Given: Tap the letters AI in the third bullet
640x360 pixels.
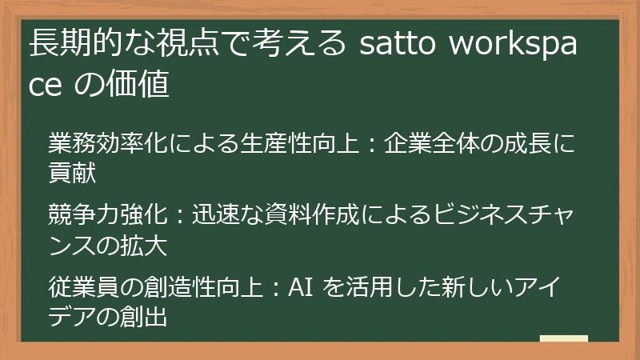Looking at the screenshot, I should coord(299,284).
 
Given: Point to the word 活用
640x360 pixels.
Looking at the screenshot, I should coord(370,284).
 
